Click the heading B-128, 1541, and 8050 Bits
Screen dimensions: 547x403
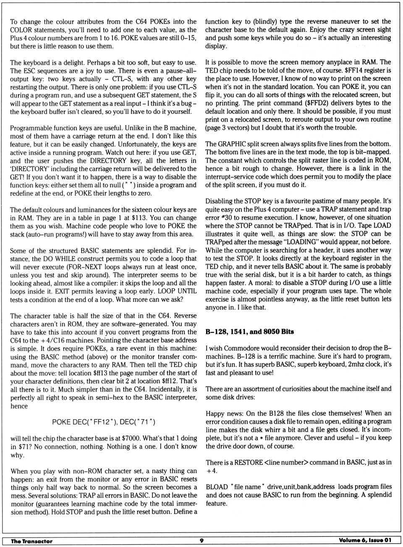pyautogui.click(x=249, y=332)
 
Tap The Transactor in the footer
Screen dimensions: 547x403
pyautogui.click(x=31, y=541)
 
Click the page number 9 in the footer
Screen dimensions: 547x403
pyautogui.click(x=201, y=541)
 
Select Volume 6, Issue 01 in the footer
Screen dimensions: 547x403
pyautogui.click(x=364, y=540)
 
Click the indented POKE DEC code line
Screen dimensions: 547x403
pyautogui.click(x=103, y=422)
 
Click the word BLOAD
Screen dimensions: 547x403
pyautogui.click(x=217, y=487)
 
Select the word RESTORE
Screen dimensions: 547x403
pyautogui.click(x=248, y=462)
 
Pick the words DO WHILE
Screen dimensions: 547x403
pyautogui.click(x=94, y=259)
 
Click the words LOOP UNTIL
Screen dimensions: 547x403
pyautogui.click(x=176, y=291)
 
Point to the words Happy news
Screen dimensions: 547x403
pyautogui.click(x=225, y=413)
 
